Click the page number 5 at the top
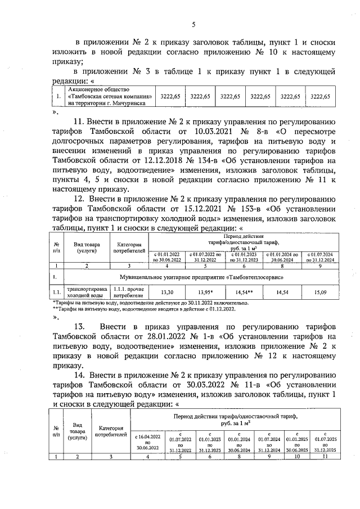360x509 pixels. [x=193, y=24]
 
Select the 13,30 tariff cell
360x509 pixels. [x=167, y=292]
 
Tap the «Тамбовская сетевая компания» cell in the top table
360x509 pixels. [x=106, y=96]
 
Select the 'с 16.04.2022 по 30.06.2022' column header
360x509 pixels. [x=148, y=442]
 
